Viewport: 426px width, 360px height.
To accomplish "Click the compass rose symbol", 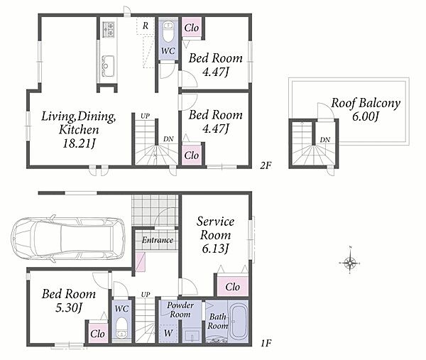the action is [350, 263].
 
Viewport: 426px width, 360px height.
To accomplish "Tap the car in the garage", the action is [68, 239].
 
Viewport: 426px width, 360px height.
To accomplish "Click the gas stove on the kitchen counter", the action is [108, 29].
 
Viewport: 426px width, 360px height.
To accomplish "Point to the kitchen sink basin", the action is [108, 65].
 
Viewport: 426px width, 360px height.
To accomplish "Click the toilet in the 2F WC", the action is [168, 33].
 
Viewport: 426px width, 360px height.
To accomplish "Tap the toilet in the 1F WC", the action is [121, 329].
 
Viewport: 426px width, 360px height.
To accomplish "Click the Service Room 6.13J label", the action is [215, 235].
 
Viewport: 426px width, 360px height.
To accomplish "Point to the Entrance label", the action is [158, 240].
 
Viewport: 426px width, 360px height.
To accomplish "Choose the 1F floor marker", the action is [266, 344].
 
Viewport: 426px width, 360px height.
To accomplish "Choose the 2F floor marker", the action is [266, 165].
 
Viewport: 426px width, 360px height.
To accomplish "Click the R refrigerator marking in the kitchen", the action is [146, 26].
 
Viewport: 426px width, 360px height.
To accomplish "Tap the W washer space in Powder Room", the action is [168, 333].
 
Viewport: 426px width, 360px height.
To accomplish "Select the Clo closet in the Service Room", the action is [233, 287].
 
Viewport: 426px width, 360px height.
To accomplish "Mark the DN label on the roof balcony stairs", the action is [325, 140].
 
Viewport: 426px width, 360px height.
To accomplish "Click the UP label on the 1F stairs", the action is [146, 294].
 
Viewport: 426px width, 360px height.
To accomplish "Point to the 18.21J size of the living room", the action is [79, 143].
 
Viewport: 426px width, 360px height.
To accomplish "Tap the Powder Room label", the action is [180, 310].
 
